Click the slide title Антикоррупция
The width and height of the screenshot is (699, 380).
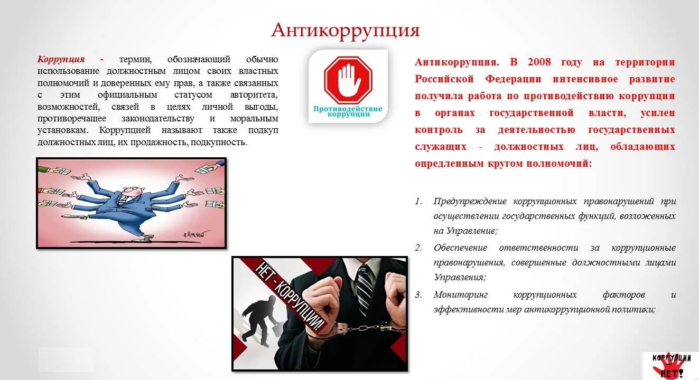coord(345,30)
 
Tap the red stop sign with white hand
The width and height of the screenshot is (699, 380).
coord(348,81)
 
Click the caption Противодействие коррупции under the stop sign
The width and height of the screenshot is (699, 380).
coord(348,111)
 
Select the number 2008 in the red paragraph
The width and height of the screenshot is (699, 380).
coord(539,62)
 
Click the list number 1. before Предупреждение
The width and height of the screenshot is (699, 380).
coord(418,201)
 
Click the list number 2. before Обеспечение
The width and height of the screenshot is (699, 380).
coord(418,248)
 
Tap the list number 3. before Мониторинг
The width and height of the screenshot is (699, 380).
coord(418,294)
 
